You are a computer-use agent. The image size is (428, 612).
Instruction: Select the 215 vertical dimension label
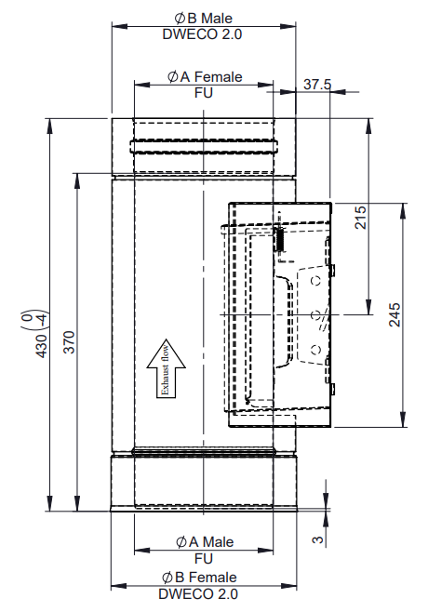point(363,217)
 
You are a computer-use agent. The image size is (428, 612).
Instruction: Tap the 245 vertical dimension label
point(395,314)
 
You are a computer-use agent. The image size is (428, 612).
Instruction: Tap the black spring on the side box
point(276,238)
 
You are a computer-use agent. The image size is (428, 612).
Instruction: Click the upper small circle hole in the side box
point(315,278)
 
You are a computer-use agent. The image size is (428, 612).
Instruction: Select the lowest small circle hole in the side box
point(314,348)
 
